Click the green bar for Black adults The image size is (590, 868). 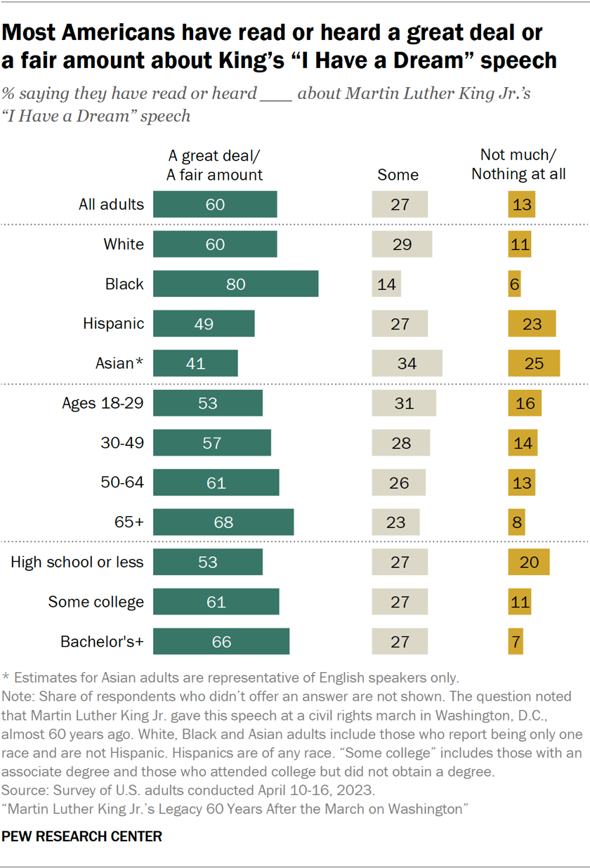pos(235,284)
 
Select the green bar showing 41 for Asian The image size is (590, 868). pos(195,364)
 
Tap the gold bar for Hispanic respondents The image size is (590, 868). pos(532,324)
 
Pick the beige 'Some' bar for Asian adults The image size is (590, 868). pos(407,364)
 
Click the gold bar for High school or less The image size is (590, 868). pos(528,563)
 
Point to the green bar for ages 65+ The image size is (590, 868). pos(223,522)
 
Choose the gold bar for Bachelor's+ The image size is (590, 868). pos(516,642)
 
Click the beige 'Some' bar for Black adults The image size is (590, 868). pos(386,284)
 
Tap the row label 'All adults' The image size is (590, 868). pos(111,204)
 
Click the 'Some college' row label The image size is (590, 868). pos(96,602)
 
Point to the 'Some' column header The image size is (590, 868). pos(398,175)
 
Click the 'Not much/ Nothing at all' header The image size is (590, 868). pos(518,164)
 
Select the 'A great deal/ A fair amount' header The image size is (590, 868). pos(214,164)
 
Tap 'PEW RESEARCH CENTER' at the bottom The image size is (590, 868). pos(82,836)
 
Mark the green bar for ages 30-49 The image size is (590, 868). pos(211,443)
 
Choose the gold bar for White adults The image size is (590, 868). pos(520,244)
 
